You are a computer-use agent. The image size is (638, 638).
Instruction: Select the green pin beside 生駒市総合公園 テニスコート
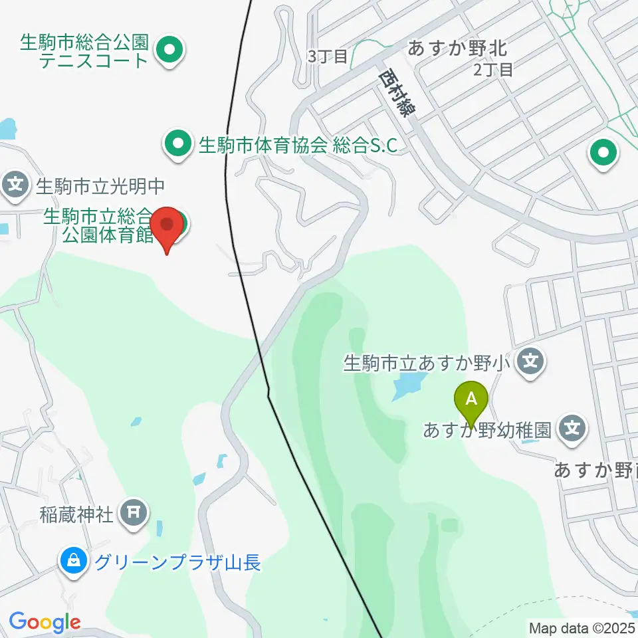169,50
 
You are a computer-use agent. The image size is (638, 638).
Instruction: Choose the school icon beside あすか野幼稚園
572,429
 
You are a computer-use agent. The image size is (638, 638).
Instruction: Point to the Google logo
45,622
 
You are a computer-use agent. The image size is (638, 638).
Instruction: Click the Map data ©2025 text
582,627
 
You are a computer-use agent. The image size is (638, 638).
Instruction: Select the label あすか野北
457,48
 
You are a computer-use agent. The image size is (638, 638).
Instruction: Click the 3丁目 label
328,56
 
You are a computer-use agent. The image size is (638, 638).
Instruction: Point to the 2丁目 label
493,69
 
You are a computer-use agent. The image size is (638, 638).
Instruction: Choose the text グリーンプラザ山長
177,563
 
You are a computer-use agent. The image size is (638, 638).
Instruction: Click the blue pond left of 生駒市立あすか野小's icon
408,385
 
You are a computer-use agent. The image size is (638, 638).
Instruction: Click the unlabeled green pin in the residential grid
603,154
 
